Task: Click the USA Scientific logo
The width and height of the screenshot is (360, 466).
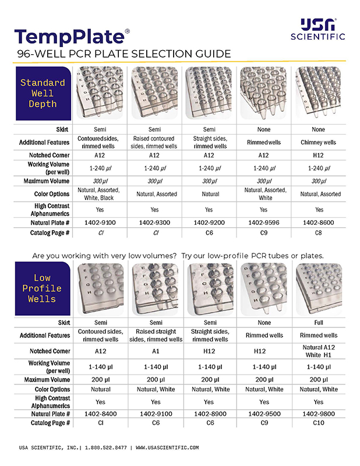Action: tap(317, 29)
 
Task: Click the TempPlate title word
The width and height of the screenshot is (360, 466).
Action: tap(69, 36)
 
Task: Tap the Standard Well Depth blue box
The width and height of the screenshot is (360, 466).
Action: tap(43, 93)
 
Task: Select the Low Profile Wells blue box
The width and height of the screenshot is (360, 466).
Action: tap(43, 288)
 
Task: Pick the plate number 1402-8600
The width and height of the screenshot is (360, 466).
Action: tap(319, 222)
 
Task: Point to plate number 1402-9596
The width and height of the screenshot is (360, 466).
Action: tap(264, 222)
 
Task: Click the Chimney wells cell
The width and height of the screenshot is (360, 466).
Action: tap(319, 142)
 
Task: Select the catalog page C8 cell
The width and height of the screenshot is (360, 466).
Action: tap(319, 233)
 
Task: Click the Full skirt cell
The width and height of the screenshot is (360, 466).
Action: tap(319, 322)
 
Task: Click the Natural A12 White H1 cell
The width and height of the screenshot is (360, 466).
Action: tap(319, 351)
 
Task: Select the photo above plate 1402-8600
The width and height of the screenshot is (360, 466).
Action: tap(319, 93)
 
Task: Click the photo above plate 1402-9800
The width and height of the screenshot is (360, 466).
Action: tap(319, 288)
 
